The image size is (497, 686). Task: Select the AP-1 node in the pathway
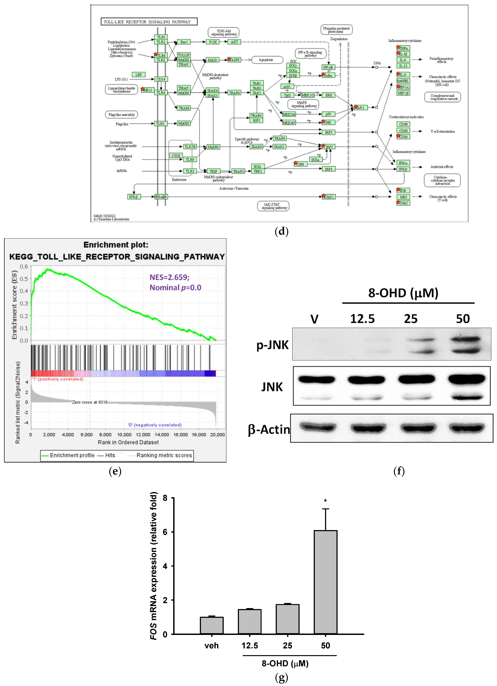(x=361, y=107)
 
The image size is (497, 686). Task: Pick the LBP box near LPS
(x=139, y=74)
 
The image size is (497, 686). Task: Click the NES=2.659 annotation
(x=169, y=277)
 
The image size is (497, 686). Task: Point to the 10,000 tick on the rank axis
(x=124, y=435)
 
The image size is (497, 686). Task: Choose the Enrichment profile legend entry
(x=68, y=455)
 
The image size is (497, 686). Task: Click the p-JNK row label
(x=272, y=345)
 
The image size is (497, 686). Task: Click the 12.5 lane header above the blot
(x=362, y=319)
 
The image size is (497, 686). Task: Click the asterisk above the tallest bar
(x=325, y=501)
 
